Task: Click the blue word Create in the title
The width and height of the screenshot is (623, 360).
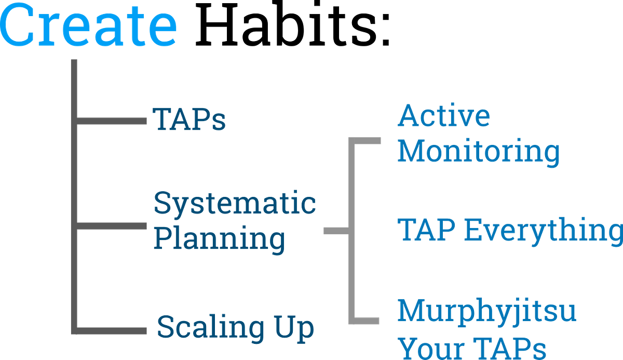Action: click(x=88, y=24)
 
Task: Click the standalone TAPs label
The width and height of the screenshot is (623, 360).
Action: click(x=189, y=119)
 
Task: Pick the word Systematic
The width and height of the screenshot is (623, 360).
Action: click(x=235, y=203)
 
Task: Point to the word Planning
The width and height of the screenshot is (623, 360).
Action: click(x=220, y=239)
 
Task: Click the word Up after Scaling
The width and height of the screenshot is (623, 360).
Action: click(x=294, y=328)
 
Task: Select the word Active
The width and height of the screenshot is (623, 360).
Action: click(x=444, y=115)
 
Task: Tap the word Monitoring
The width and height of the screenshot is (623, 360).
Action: click(x=479, y=152)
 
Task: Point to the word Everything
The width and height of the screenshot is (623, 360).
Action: click(x=544, y=231)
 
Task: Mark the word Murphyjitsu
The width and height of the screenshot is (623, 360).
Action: click(x=487, y=312)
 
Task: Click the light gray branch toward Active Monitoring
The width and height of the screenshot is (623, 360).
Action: click(x=368, y=141)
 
